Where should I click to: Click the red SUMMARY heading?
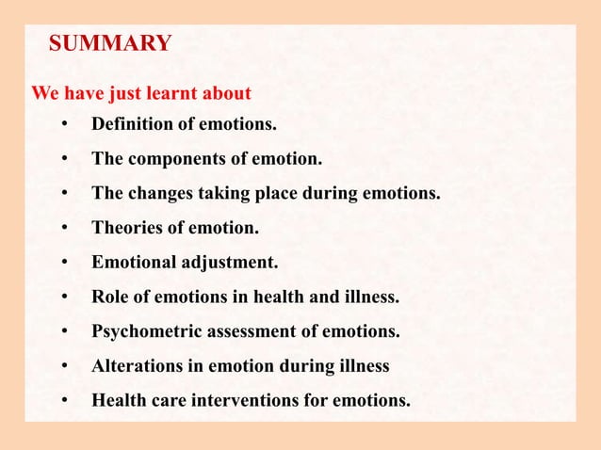110,43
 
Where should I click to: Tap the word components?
172,159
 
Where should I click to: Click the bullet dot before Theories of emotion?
65,229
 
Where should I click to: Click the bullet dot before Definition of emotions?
65,125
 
